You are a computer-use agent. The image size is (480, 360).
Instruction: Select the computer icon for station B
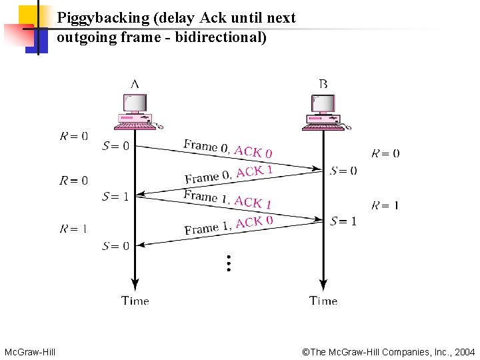[x=325, y=111]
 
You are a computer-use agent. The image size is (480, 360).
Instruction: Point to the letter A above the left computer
[x=135, y=84]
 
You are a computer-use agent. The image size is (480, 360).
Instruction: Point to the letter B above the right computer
[x=323, y=84]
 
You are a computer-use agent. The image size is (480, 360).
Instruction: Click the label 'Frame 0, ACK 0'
[x=228, y=149]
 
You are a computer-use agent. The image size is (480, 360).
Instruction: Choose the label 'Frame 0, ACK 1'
[x=228, y=174]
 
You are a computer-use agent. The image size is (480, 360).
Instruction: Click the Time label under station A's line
[x=135, y=301]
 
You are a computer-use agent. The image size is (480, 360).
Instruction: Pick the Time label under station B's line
[x=323, y=301]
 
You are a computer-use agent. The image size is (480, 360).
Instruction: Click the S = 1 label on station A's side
[x=115, y=196]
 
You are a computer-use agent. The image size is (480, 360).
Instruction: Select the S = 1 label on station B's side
[x=343, y=221]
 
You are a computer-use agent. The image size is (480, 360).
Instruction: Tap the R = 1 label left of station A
[x=73, y=229]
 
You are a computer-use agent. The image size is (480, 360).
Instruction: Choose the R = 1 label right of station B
[x=385, y=205]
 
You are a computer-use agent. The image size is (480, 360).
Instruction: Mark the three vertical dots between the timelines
[x=228, y=263]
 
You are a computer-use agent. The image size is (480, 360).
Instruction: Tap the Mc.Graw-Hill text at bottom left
[x=30, y=351]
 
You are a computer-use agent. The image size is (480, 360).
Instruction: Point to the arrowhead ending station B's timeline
[x=323, y=283]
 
